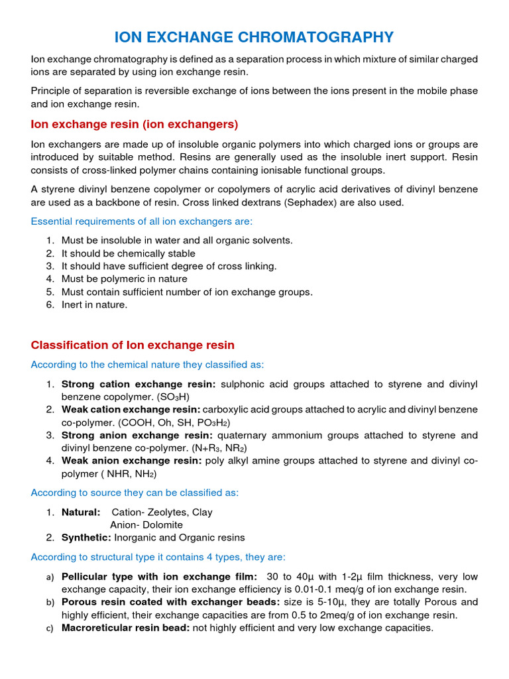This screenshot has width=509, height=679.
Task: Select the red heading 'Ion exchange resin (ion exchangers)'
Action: coord(135,124)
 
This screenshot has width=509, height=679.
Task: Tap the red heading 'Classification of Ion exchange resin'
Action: coord(133,345)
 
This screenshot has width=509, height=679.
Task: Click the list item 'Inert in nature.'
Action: coord(94,304)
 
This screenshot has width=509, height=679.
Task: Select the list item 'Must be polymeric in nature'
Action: coord(124,279)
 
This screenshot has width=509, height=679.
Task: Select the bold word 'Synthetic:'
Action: coord(87,537)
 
